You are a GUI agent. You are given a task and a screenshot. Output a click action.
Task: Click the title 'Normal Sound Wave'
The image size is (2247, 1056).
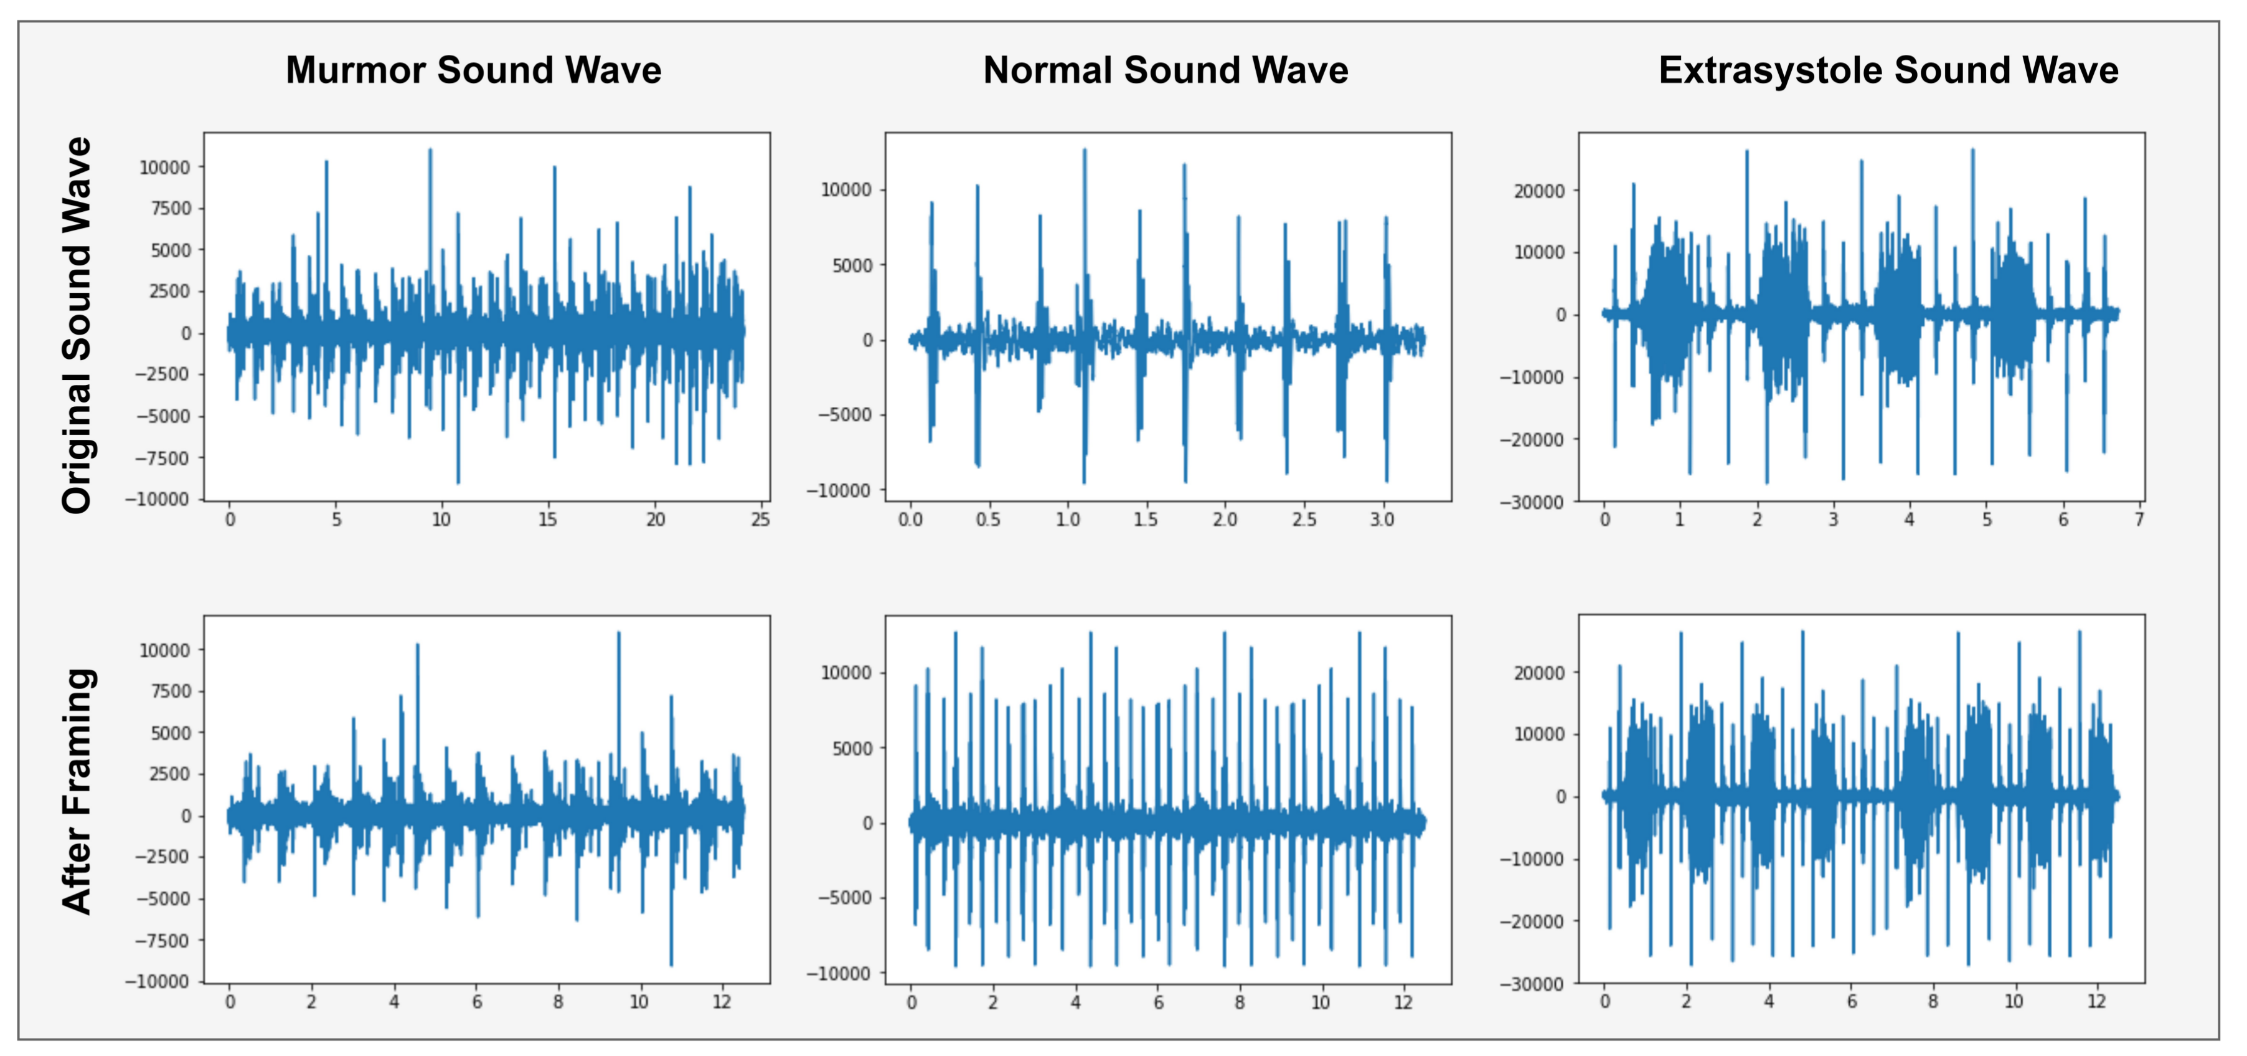pyautogui.click(x=1166, y=70)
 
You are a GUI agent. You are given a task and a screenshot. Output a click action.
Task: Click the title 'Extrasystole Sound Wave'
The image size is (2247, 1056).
pyautogui.click(x=1888, y=70)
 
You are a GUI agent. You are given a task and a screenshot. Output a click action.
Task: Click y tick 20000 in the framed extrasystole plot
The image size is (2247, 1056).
pyautogui.click(x=1540, y=673)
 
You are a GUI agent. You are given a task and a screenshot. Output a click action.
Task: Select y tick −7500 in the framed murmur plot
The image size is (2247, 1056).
pyautogui.click(x=161, y=941)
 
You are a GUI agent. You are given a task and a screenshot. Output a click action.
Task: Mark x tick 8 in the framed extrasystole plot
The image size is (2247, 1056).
pyautogui.click(x=1933, y=1002)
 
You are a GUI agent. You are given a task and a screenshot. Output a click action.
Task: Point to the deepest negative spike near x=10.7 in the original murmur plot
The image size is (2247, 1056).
pyautogui.click(x=458, y=482)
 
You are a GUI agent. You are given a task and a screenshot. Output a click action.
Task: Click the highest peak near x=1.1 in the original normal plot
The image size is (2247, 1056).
pyautogui.click(x=1084, y=150)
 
